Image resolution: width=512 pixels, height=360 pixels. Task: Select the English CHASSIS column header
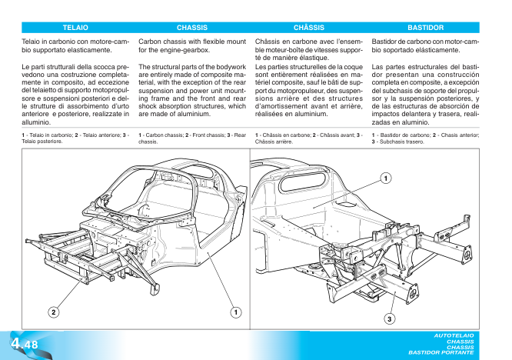[x=191, y=27]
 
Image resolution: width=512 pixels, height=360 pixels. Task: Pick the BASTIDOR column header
[x=425, y=27]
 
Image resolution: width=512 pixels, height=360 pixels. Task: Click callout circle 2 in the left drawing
[x=54, y=312]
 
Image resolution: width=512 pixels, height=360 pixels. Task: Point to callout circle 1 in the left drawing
[x=236, y=312]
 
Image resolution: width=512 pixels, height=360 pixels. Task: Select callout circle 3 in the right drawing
[x=390, y=318]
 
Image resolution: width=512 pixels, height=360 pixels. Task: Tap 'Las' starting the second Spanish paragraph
[x=377, y=67]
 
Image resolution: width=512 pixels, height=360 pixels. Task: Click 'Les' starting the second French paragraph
[x=261, y=67]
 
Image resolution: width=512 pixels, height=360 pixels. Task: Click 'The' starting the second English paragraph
[x=146, y=67]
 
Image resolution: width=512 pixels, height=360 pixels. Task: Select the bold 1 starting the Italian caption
[x=24, y=135]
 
